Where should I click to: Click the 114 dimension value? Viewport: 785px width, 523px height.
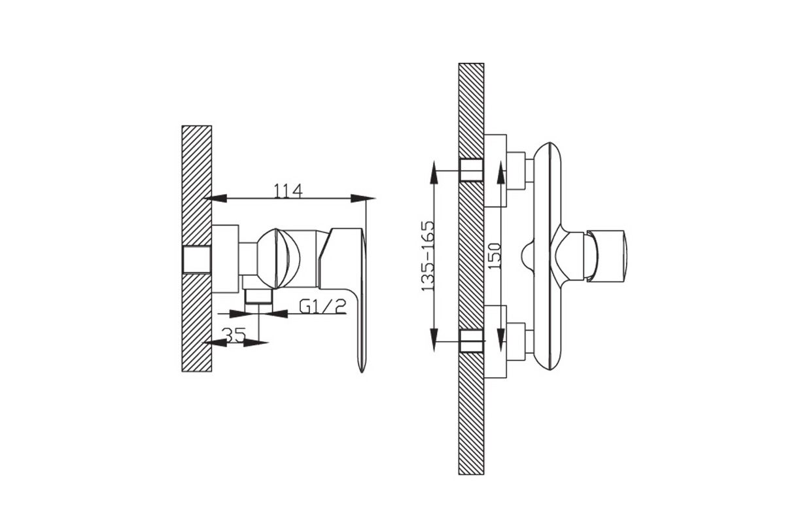coord(288,190)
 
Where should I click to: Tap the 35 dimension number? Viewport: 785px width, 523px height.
coord(234,335)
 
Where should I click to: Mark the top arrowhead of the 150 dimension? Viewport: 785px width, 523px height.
coord(501,171)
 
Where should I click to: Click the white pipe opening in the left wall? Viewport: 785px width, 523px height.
coord(196,259)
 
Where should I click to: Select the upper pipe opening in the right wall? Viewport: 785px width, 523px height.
coord(471,169)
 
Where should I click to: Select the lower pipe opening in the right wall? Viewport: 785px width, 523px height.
coord(471,341)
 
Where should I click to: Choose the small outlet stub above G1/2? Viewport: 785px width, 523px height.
coord(258,297)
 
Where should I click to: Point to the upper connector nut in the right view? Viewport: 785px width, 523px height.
coord(516,171)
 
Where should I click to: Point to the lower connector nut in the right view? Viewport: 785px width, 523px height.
coord(516,341)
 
